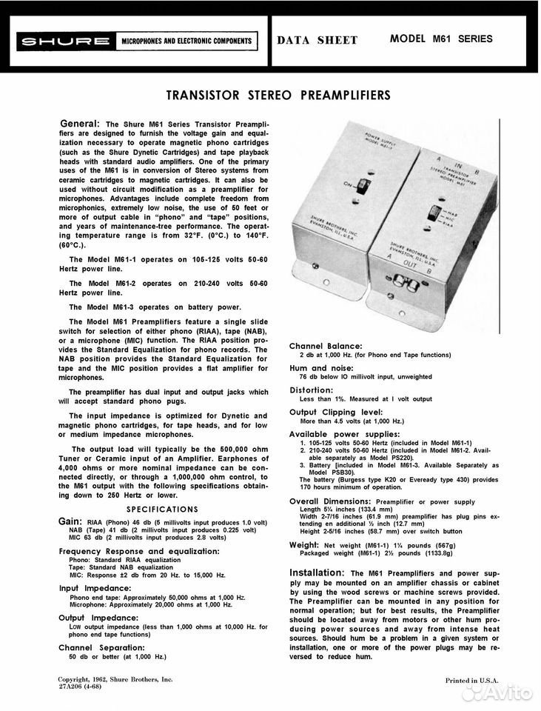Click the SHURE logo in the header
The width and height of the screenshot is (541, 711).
click(64, 41)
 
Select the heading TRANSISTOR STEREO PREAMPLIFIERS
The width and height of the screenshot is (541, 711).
click(278, 96)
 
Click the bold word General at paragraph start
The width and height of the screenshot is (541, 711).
click(80, 123)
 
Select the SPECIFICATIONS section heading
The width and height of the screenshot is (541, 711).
click(162, 509)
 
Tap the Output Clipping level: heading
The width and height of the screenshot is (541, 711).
click(336, 412)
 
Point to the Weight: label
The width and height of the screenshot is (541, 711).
click(308, 544)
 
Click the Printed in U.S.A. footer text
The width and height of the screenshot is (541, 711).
click(472, 680)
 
